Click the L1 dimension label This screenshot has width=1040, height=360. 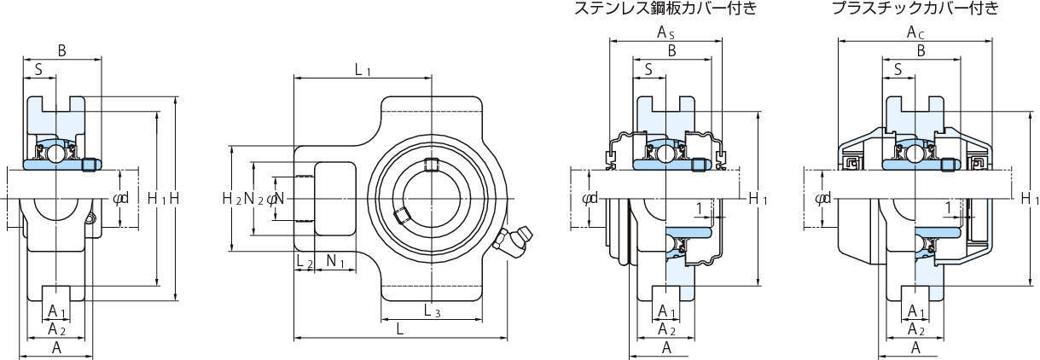pyautogui.click(x=363, y=69)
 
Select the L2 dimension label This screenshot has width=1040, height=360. pyautogui.click(x=303, y=262)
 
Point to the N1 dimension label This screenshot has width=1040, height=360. pyautogui.click(x=335, y=262)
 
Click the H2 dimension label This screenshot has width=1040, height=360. pyautogui.click(x=231, y=199)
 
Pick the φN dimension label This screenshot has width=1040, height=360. pyautogui.click(x=275, y=199)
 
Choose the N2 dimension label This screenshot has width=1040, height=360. pyautogui.click(x=253, y=199)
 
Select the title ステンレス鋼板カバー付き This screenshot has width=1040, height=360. pyautogui.click(x=665, y=9)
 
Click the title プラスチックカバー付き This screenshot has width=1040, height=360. pyautogui.click(x=915, y=9)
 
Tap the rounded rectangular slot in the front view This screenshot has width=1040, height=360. pyautogui.click(x=334, y=198)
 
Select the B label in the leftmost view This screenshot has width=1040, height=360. pyautogui.click(x=61, y=51)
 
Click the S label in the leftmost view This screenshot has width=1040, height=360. pyautogui.click(x=39, y=69)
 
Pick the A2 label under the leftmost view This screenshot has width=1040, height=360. pyautogui.click(x=57, y=328)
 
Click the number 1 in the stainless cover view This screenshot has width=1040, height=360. pyautogui.click(x=699, y=208)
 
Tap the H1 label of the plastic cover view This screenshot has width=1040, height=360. pyautogui.click(x=1030, y=199)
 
